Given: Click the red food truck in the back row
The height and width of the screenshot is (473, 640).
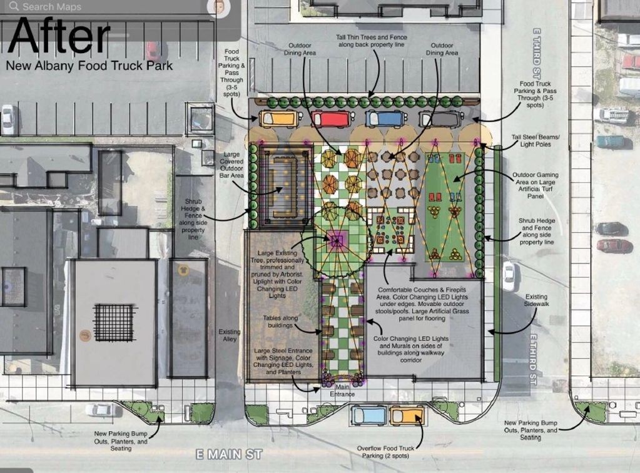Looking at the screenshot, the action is click(x=331, y=119).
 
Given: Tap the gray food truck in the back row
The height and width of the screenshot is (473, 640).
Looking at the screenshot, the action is click(x=441, y=119).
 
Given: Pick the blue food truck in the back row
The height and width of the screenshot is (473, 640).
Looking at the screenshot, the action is click(x=386, y=119).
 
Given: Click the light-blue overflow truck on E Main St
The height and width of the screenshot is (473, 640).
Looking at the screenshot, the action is click(x=368, y=415).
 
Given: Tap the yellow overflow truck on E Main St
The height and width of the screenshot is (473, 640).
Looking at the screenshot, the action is click(x=407, y=415).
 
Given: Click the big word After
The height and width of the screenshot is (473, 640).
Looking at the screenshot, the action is click(x=59, y=35).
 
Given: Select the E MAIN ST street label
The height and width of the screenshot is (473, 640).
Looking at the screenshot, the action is click(x=229, y=454).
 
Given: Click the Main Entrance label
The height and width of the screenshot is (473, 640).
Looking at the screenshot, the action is click(x=342, y=390).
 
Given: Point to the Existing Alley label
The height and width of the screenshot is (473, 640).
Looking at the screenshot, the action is click(x=230, y=335).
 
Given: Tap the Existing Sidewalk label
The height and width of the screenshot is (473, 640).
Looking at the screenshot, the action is click(x=536, y=300).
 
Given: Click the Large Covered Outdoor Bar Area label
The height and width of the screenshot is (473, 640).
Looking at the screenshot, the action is click(x=231, y=165).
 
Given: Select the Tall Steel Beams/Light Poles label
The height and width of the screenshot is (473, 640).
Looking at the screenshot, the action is click(x=536, y=141).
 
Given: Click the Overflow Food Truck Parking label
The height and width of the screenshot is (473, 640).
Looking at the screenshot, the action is click(x=386, y=452).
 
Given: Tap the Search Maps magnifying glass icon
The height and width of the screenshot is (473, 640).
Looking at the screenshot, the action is click(x=14, y=6).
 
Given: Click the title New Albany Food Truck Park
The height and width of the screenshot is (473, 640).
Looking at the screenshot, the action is click(x=89, y=66).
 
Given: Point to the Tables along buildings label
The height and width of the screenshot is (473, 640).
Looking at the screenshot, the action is click(x=280, y=322).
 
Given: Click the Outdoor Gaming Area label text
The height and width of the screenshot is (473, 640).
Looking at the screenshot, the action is click(x=536, y=185).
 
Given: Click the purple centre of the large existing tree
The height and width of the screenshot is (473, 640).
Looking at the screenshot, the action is click(x=337, y=240).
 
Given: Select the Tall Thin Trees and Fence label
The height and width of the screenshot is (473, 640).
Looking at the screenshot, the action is click(x=372, y=41).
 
